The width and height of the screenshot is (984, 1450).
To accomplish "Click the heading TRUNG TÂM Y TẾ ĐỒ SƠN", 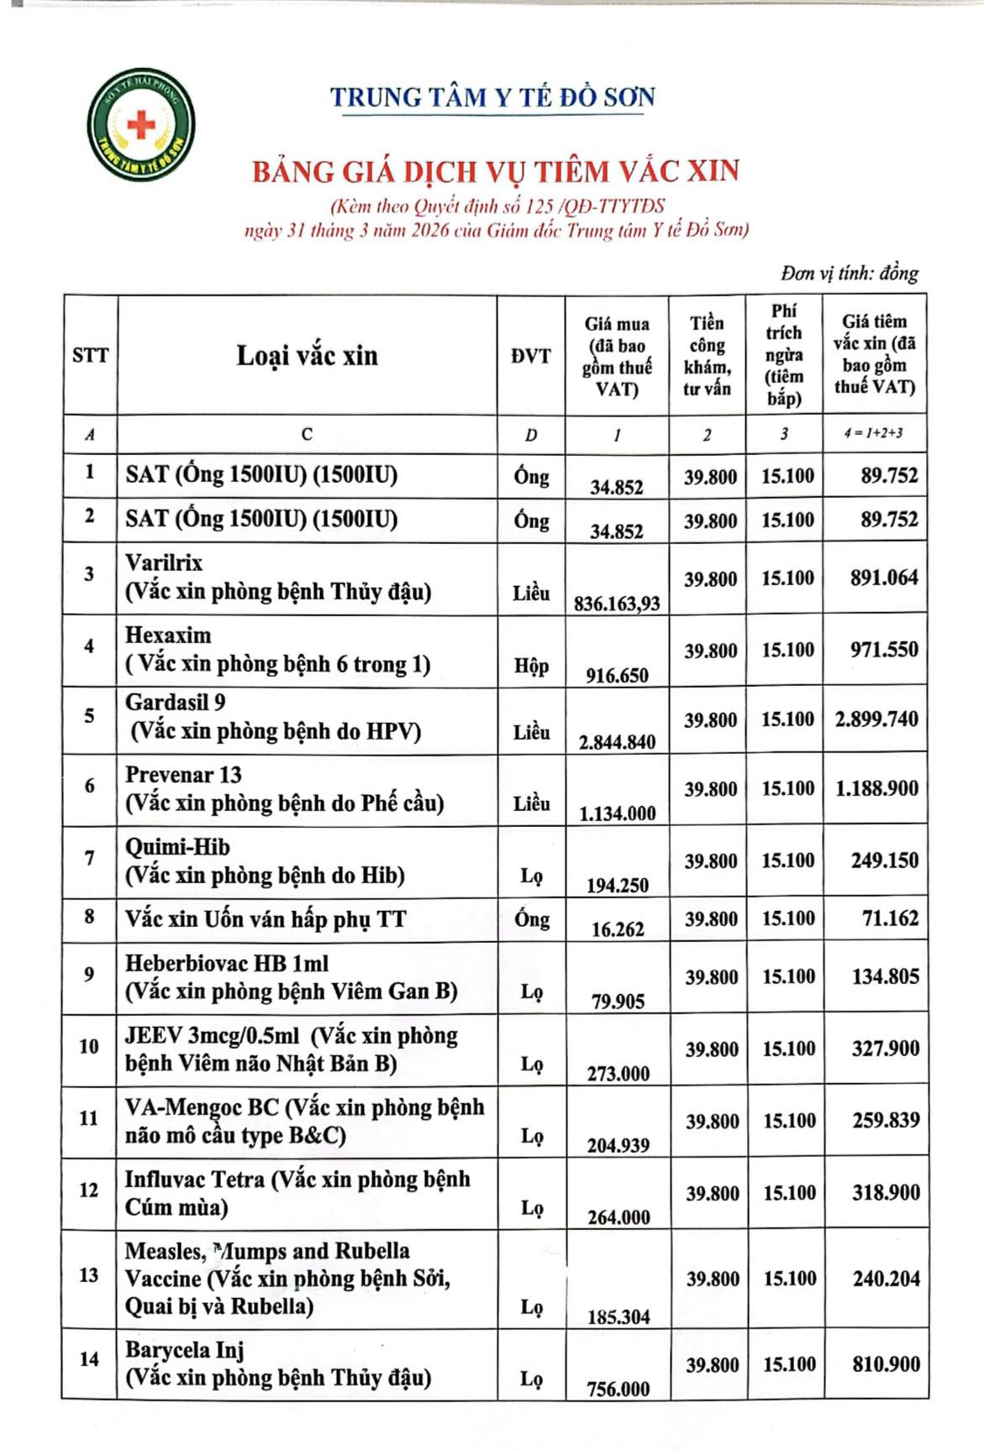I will [x=492, y=97].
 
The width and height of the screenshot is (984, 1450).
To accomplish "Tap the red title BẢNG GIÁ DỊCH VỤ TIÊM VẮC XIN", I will [x=496, y=171].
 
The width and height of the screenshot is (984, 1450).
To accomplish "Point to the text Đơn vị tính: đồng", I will [x=849, y=273].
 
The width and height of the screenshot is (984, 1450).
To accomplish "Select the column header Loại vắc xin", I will [x=307, y=355].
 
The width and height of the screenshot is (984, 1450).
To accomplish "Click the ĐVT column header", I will [x=531, y=356].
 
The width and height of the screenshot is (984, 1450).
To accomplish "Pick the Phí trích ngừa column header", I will [x=784, y=354].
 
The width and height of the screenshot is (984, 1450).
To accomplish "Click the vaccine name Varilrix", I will [x=164, y=563].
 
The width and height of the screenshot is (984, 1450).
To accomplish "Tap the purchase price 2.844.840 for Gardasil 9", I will [x=617, y=741].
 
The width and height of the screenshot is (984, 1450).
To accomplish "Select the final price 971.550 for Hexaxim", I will [x=883, y=649].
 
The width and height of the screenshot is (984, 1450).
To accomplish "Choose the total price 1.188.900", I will [x=876, y=788].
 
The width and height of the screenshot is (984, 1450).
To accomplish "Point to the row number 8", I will [x=89, y=917].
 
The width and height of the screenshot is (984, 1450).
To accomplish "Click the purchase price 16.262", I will [x=618, y=929].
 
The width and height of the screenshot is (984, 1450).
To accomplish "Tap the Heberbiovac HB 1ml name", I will [x=227, y=963].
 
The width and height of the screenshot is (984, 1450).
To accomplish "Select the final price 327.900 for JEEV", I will [x=885, y=1048].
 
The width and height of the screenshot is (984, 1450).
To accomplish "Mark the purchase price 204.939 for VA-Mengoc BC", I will [x=618, y=1145].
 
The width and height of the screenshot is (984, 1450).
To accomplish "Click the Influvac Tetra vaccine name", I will [x=195, y=1180].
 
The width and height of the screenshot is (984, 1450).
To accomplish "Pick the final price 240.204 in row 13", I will [x=886, y=1279].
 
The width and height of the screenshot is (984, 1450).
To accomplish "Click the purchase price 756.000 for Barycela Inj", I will [x=618, y=1389].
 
